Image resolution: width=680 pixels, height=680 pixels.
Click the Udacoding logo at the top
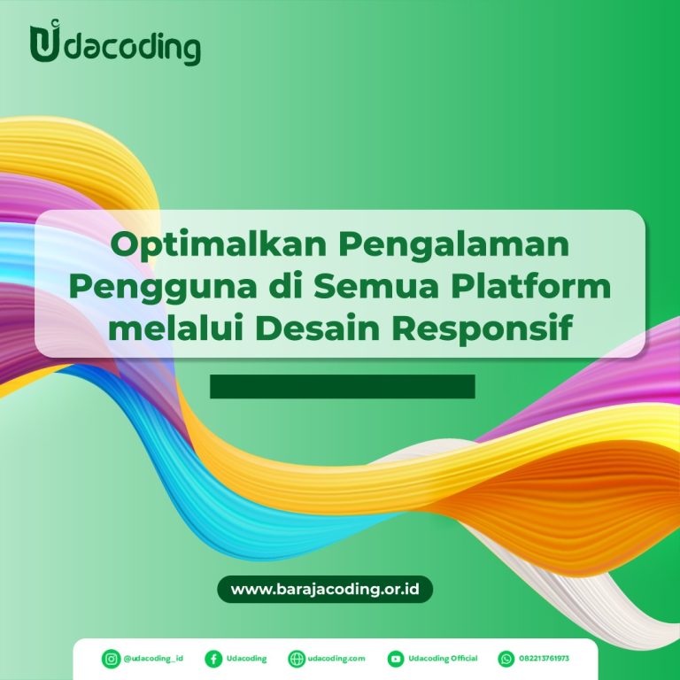[115, 42]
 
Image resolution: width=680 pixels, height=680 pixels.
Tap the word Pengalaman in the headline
[453, 246]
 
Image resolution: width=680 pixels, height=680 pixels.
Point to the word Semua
[376, 286]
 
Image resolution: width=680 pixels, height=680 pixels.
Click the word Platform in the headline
[531, 286]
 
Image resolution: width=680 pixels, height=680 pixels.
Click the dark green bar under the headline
[343, 386]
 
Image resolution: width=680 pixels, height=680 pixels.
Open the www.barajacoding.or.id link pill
[325, 589]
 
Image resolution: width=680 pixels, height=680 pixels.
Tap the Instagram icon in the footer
[111, 659]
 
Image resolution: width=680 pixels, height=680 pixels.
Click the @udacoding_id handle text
[153, 659]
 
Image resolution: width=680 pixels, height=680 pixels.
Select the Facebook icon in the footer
[213, 659]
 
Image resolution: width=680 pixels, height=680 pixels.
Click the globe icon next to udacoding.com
[297, 659]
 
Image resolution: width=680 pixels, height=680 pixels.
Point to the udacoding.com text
[336, 659]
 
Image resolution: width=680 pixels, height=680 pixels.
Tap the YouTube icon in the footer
[396, 659]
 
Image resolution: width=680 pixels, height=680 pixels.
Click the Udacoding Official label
[443, 659]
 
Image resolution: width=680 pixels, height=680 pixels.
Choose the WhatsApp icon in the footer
[506, 659]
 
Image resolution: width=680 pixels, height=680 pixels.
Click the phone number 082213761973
[544, 659]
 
